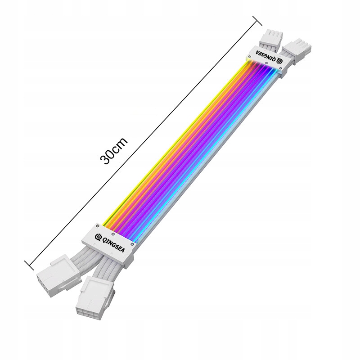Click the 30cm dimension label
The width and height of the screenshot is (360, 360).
point(114,151)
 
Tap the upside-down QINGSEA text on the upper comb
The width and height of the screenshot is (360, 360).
point(266,54)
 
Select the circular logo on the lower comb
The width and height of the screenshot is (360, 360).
point(98,236)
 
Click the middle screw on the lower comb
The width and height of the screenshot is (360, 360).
point(113,234)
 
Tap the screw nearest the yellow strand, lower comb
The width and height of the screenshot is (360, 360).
point(98,226)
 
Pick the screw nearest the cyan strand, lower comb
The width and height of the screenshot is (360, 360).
point(132,244)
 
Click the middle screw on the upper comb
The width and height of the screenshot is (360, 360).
point(266,63)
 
